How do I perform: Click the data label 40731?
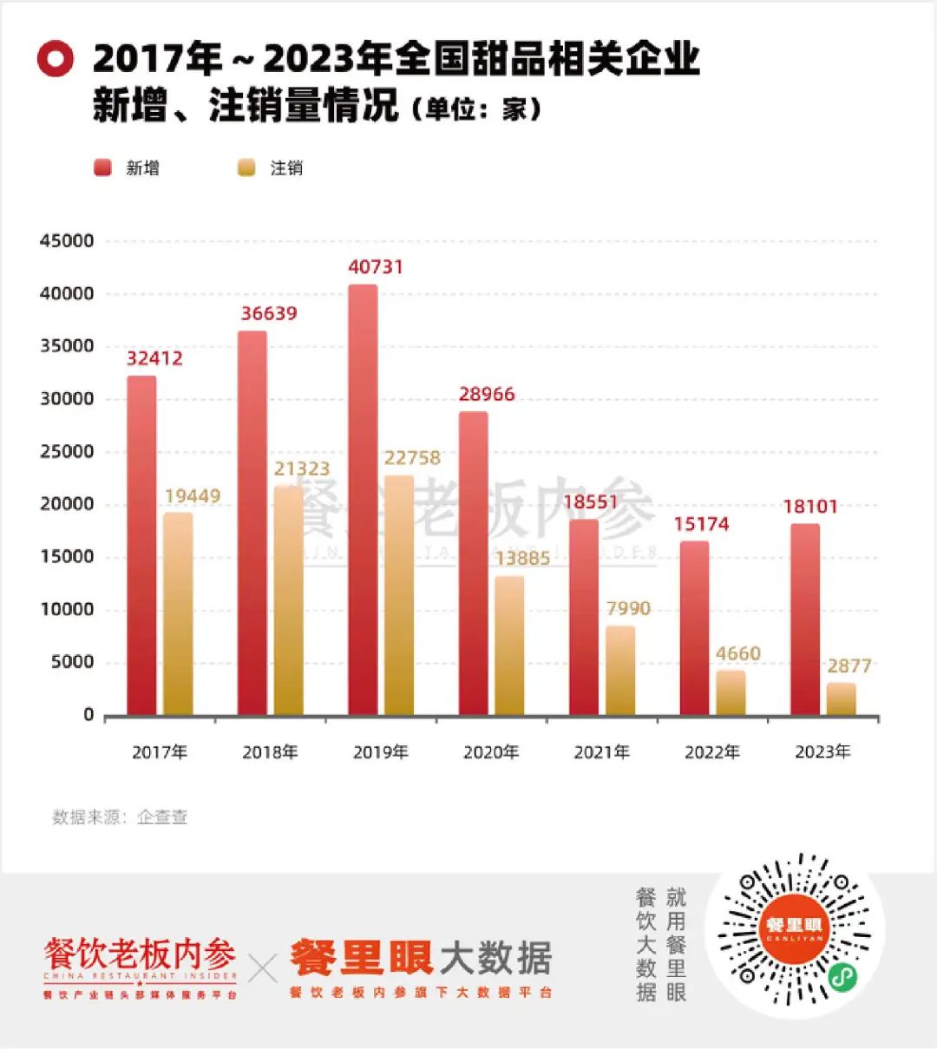pyautogui.click(x=376, y=267)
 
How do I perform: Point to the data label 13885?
pyautogui.click(x=522, y=559)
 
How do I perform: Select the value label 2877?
pyautogui.click(x=849, y=666)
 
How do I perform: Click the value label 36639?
pyautogui.click(x=269, y=314)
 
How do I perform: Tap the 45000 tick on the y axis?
pyautogui.click(x=67, y=241)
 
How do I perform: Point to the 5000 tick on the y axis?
pyautogui.click(x=72, y=662)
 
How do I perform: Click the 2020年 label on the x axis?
pyautogui.click(x=491, y=752)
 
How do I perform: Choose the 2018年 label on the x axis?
pyautogui.click(x=270, y=752)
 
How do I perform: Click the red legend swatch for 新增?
pyautogui.click(x=103, y=167)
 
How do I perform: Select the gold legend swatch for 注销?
pyautogui.click(x=246, y=167)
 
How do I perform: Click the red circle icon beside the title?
pyautogui.click(x=56, y=59)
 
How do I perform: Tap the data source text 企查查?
pyautogui.click(x=162, y=817)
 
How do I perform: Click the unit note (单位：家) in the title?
pyautogui.click(x=476, y=110)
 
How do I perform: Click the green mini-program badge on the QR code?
pyautogui.click(x=842, y=977)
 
